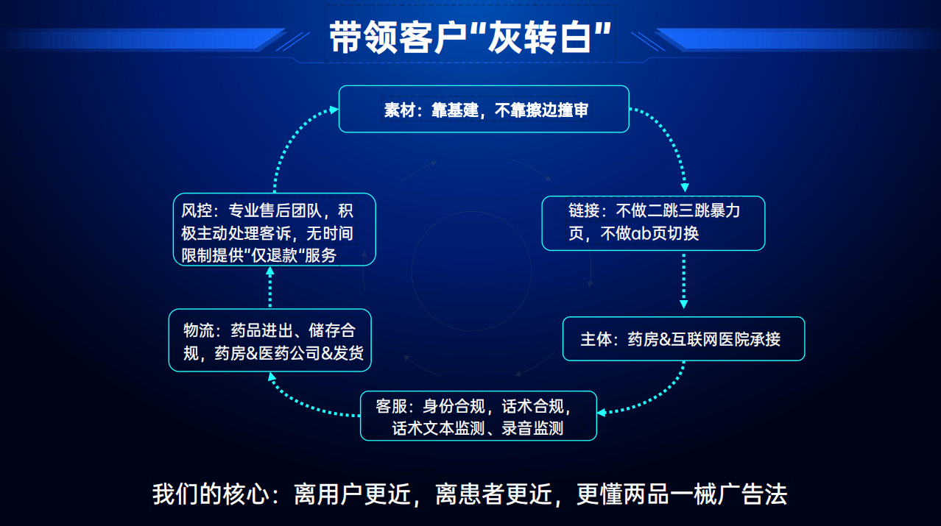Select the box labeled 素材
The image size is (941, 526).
(484, 110)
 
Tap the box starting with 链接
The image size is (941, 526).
(653, 223)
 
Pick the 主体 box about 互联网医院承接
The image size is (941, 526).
(683, 339)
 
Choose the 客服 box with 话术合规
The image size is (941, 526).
(478, 416)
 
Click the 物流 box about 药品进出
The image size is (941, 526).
(269, 340)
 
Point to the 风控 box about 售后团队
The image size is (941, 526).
(274, 230)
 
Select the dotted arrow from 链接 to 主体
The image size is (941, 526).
(684, 280)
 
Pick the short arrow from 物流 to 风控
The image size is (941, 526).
(269, 288)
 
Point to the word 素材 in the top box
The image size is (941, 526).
(398, 110)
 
